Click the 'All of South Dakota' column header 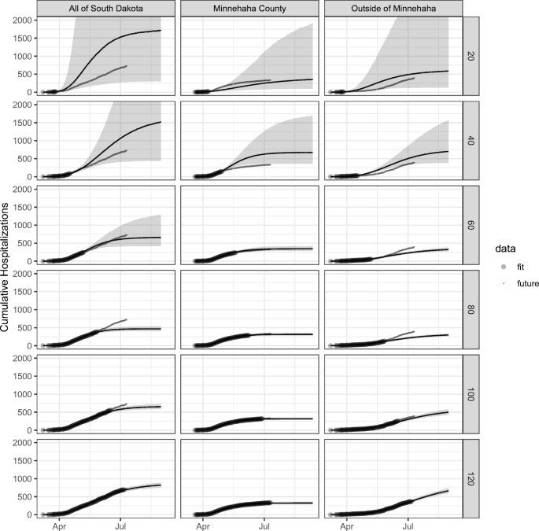(x=102, y=8)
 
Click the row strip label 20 (x=467, y=57)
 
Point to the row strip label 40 (x=467, y=141)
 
